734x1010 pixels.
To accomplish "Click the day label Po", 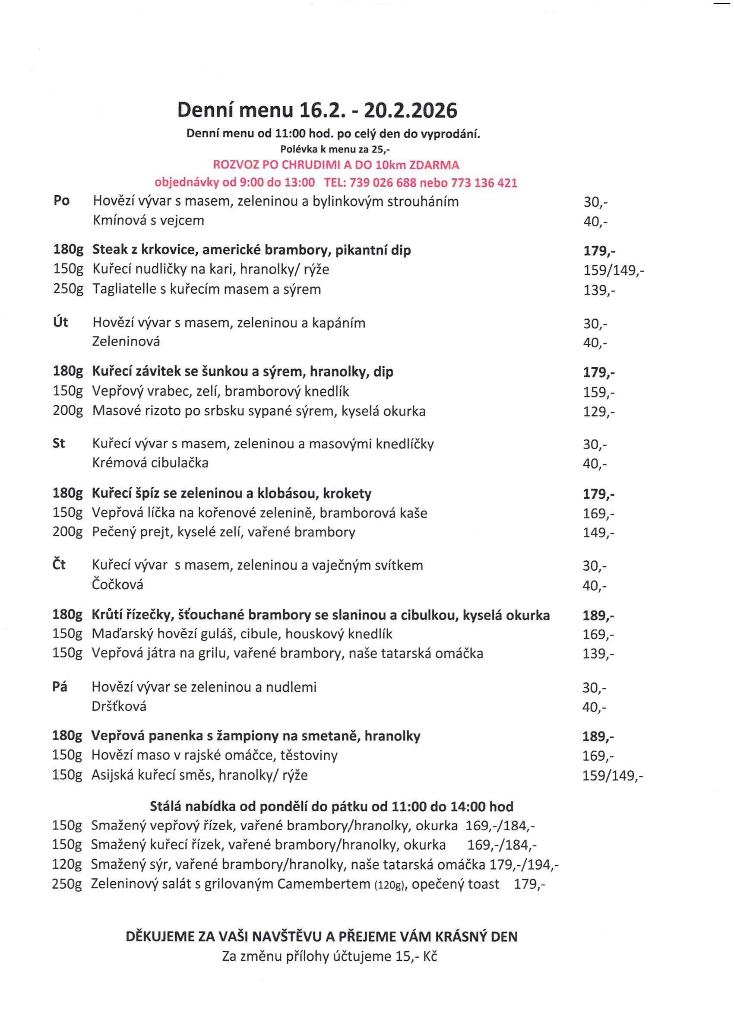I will coord(61,201).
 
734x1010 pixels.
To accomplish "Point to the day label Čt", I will coord(59,565).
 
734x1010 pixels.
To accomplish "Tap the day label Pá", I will coord(60,686).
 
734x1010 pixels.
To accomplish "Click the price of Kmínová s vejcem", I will coord(595,222).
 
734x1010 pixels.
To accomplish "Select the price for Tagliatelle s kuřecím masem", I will coord(599,290).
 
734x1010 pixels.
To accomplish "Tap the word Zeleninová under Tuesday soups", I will coord(126,342).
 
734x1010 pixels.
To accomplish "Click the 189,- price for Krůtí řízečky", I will coord(598,616).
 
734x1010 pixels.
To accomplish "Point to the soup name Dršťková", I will coord(119,706).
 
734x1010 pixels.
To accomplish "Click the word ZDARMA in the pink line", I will coord(434,165).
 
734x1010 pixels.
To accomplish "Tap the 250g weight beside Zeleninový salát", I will coord(67,884).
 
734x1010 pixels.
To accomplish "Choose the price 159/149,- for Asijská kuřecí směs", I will coord(613,776).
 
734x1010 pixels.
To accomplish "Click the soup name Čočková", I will coord(117,584).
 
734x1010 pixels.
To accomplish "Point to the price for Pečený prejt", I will coord(598,533).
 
